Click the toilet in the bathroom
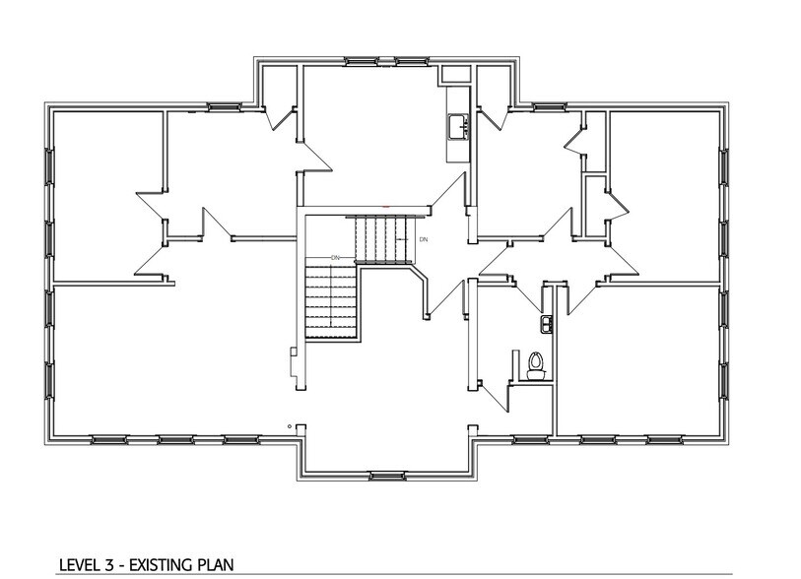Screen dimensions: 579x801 (535, 364)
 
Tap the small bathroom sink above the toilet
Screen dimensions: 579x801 (545, 322)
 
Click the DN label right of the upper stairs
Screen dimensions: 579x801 (423, 239)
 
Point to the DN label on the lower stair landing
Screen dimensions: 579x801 (335, 258)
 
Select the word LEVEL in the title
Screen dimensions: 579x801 (78, 565)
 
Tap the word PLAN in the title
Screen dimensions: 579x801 (211, 565)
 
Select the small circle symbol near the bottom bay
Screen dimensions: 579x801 (289, 425)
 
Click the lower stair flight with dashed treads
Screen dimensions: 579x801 (329, 300)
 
